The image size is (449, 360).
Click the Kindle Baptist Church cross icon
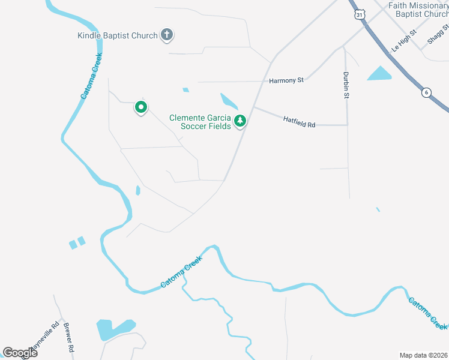tap(167, 35)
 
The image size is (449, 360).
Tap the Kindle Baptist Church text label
tap(118, 35)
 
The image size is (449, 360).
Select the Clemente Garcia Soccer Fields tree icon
tap(240, 121)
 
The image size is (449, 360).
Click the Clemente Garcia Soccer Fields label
tap(200, 122)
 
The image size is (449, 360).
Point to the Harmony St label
tap(287, 80)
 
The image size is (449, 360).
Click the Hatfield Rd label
tap(299, 121)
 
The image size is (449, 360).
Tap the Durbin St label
tap(346, 82)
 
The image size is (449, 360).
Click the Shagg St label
tap(438, 35)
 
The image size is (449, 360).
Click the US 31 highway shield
tap(359, 14)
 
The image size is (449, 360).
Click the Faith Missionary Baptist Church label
tap(418, 10)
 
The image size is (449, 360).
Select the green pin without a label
tap(141, 107)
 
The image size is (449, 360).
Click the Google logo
tap(20, 352)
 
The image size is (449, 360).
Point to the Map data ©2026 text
tap(423, 355)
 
